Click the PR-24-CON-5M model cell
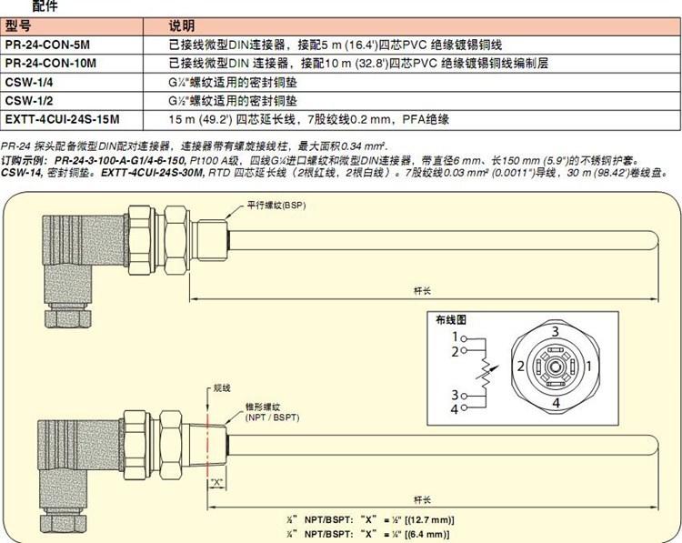click(x=49, y=45)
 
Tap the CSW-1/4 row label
click(x=30, y=82)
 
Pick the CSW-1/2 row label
click(x=30, y=100)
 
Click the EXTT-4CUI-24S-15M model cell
click(x=62, y=118)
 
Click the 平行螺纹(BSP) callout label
click(x=277, y=206)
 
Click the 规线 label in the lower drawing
click(x=221, y=387)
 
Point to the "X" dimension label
click(x=216, y=482)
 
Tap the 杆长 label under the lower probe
click(x=421, y=499)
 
